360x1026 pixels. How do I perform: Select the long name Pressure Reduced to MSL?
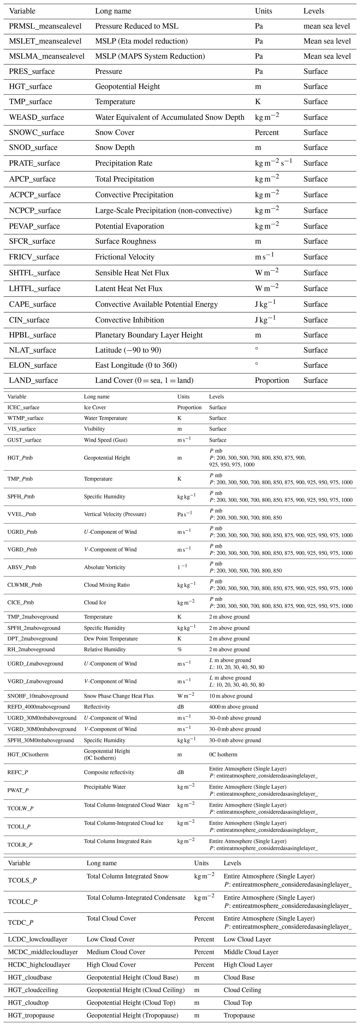[x=137, y=26]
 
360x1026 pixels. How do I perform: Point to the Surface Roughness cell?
[x=125, y=241]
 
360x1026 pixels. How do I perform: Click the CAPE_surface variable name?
[x=33, y=304]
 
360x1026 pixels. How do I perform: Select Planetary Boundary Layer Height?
[x=149, y=335]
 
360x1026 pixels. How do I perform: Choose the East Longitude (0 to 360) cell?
[x=136, y=365]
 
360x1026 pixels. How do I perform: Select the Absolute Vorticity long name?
[x=104, y=567]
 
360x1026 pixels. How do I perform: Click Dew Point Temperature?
[x=111, y=639]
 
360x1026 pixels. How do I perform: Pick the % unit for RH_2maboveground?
[x=180, y=649]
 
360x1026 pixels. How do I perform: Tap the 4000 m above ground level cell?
[x=233, y=707]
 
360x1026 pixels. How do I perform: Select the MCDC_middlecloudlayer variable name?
[x=43, y=952]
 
